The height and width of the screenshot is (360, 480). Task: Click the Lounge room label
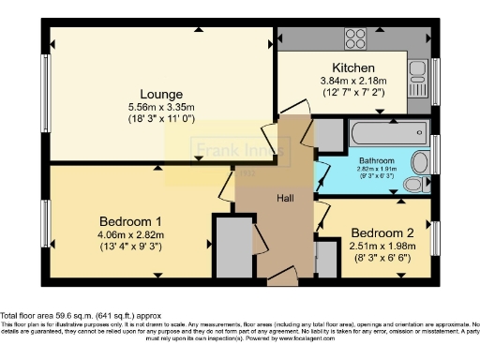pos(161,94)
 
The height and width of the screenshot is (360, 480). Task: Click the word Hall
pos(286,199)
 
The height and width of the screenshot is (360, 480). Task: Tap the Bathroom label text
pos(374,160)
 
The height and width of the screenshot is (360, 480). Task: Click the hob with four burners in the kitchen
pos(355,38)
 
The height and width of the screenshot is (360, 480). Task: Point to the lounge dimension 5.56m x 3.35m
pos(161,108)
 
